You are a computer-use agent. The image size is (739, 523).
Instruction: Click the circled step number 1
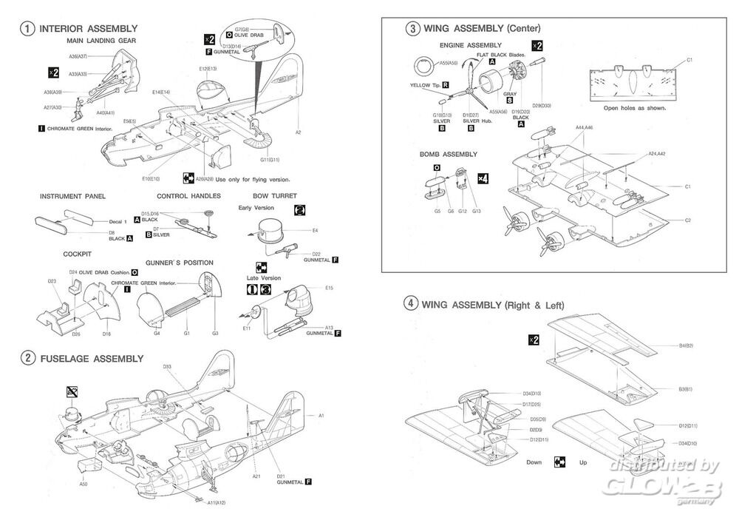(x=27, y=29)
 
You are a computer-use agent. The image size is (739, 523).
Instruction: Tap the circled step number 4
(x=411, y=304)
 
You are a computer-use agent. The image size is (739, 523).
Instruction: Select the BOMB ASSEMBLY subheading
(x=448, y=155)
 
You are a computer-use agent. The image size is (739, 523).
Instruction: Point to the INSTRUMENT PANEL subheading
(x=72, y=196)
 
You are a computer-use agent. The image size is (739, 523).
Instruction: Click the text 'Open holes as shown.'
(x=634, y=108)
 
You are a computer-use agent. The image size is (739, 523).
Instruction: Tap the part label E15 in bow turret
(x=329, y=288)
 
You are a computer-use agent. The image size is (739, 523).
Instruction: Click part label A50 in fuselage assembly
(x=84, y=485)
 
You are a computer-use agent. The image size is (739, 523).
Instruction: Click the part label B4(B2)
(x=685, y=345)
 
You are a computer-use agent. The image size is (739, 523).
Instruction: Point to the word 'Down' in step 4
(x=534, y=462)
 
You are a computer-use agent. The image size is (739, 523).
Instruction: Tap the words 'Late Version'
(x=263, y=277)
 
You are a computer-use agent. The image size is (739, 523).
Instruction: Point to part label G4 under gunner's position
(x=156, y=334)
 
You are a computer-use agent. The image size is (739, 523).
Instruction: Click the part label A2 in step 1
(x=299, y=132)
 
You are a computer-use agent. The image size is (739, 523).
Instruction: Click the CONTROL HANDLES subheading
(x=188, y=196)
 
